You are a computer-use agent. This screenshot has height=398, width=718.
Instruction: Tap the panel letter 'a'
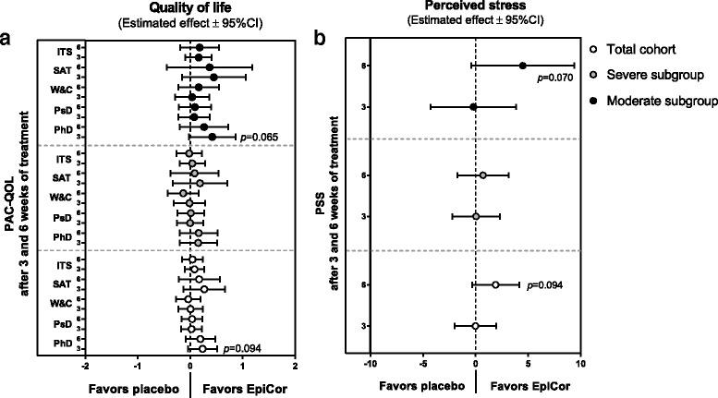(x=7, y=39)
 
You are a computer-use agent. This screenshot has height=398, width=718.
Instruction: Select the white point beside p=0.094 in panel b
(x=495, y=284)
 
